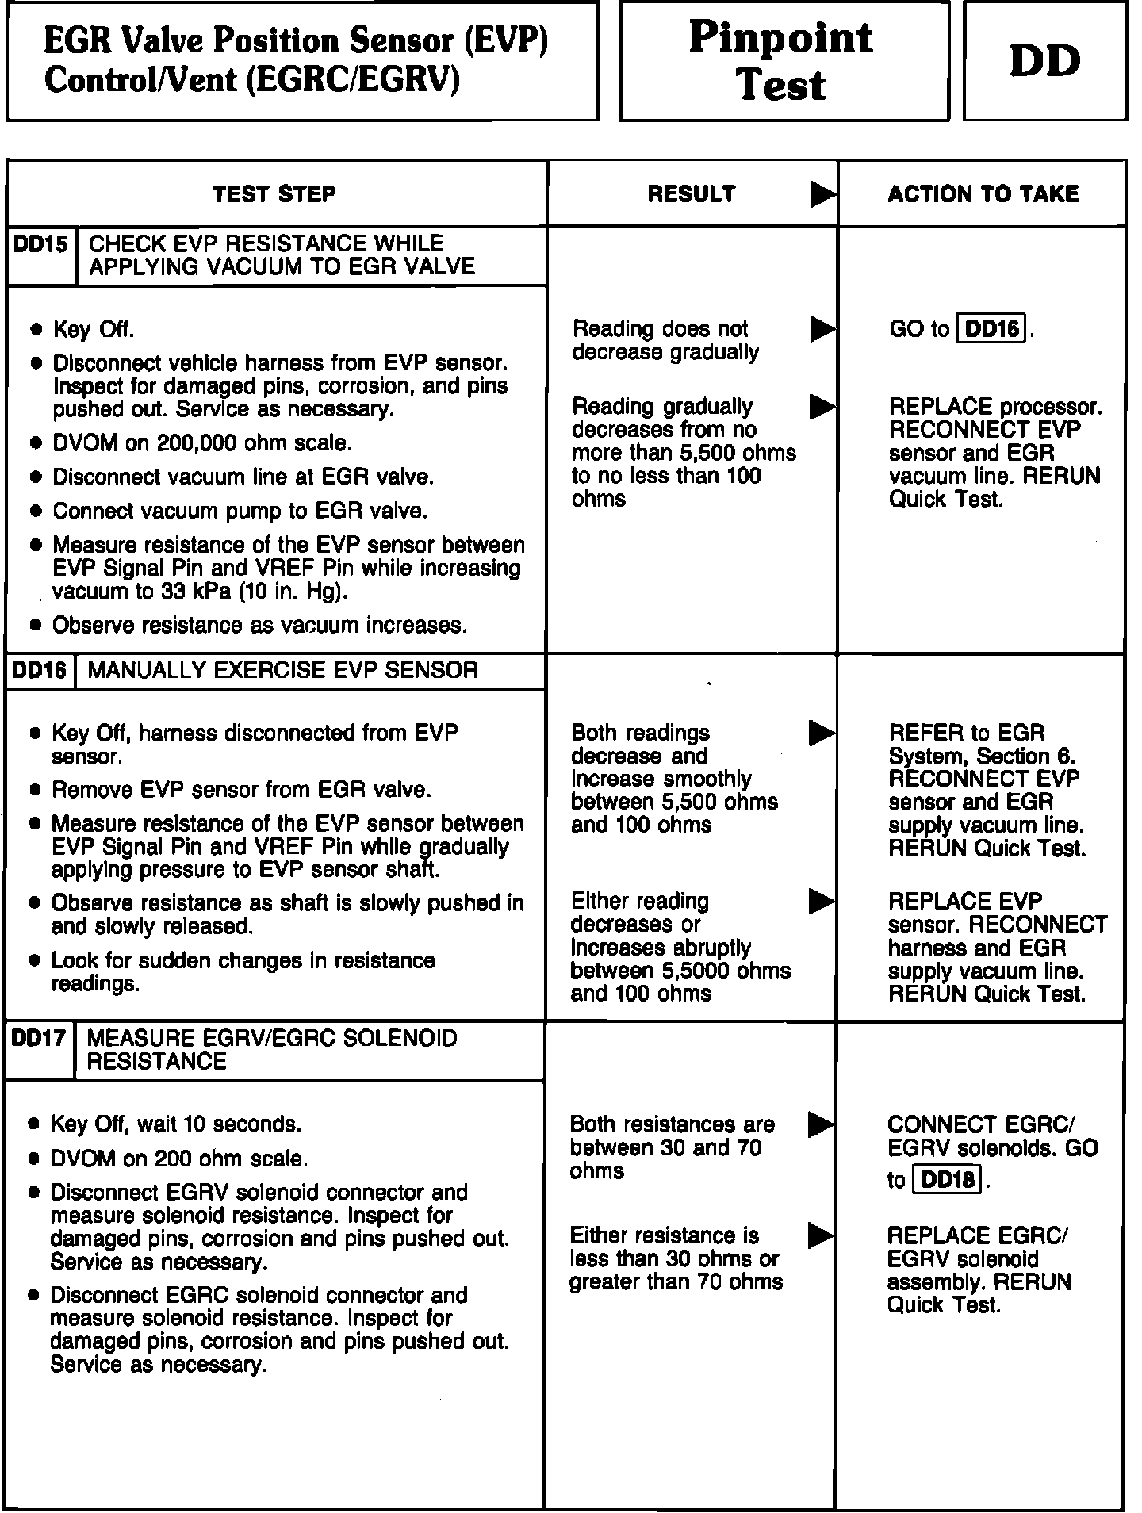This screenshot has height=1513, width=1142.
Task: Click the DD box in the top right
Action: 1044,61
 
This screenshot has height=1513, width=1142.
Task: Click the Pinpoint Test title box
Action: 783,61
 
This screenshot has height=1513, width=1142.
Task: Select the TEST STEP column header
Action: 274,194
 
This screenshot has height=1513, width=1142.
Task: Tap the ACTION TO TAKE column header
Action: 983,194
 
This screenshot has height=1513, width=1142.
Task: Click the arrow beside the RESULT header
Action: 822,194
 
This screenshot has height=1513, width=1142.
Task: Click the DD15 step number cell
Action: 41,244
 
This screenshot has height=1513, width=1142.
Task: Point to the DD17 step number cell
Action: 39,1038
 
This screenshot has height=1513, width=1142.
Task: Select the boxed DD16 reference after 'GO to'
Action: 992,328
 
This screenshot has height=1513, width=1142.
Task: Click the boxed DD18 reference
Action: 948,1180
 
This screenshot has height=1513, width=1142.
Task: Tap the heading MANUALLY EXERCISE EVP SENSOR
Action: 283,670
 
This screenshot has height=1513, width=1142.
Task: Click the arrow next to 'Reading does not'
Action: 822,329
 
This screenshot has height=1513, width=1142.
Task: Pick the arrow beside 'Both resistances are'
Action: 821,1124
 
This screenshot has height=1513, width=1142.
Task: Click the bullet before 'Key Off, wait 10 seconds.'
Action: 33,1124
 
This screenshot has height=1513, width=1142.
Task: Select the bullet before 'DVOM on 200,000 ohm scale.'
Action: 35,443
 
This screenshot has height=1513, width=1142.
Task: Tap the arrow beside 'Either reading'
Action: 821,901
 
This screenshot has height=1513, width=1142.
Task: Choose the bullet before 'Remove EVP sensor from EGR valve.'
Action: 35,791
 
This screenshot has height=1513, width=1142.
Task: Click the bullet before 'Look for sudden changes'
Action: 34,961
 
